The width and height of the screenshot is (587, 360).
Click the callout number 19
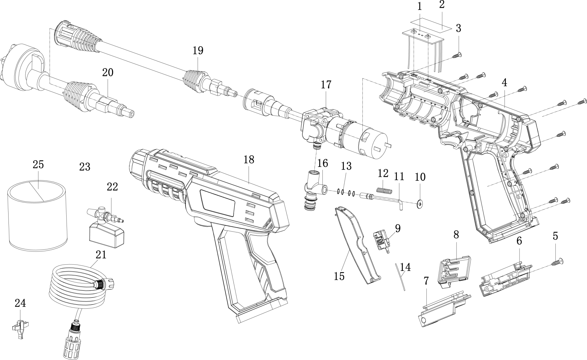tap(198, 50)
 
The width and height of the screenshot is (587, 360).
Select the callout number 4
tap(504, 83)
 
